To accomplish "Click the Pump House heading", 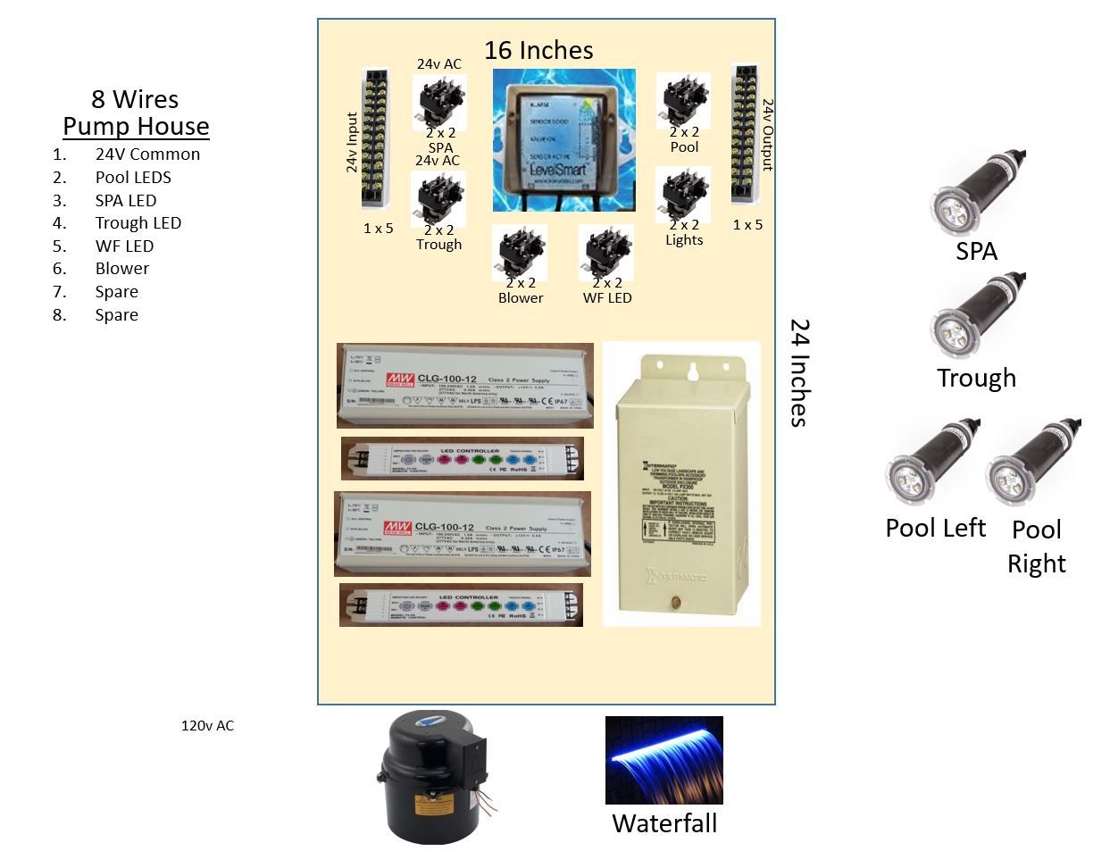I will pyautogui.click(x=136, y=126).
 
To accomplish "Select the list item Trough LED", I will pyautogui.click(x=138, y=222).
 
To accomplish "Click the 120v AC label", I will pyautogui.click(x=207, y=725).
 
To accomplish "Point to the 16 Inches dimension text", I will pyautogui.click(x=538, y=50).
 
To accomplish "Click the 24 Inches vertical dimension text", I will pyautogui.click(x=799, y=372).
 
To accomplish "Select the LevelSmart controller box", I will pyautogui.click(x=563, y=140).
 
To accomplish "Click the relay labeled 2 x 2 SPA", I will pyautogui.click(x=438, y=101).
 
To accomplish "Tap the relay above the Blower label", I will pyautogui.click(x=520, y=253).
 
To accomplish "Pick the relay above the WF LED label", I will pyautogui.click(x=606, y=253).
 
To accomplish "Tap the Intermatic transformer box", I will pyautogui.click(x=681, y=482).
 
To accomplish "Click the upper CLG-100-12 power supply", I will pyautogui.click(x=464, y=386).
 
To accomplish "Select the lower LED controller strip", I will pyautogui.click(x=461, y=605).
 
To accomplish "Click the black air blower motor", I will pyautogui.click(x=432, y=777).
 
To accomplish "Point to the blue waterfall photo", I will pyautogui.click(x=663, y=760).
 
